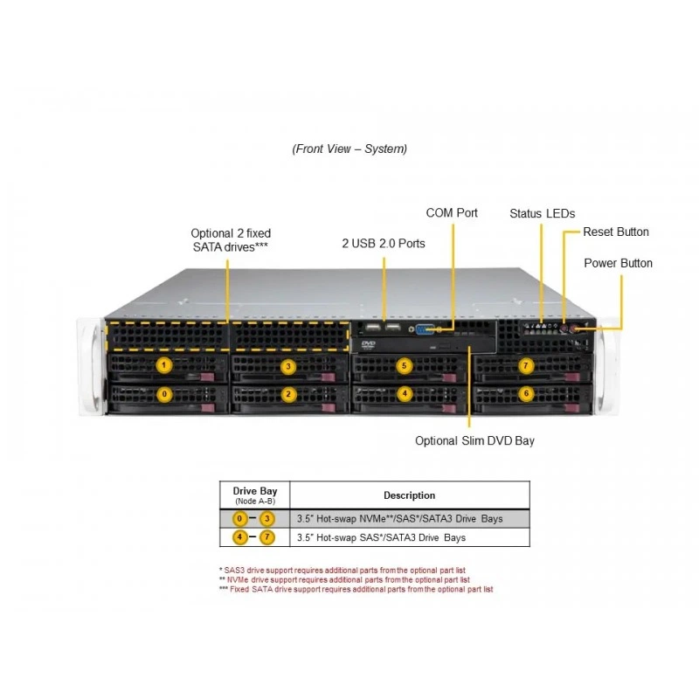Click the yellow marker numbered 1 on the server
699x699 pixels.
(x=164, y=365)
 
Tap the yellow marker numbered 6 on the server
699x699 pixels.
(x=526, y=393)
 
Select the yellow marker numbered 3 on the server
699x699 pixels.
(x=288, y=366)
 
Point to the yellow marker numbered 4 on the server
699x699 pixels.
(x=405, y=393)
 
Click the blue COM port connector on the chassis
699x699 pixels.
(x=425, y=329)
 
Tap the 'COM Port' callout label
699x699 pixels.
(x=452, y=213)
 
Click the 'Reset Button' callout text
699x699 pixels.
(x=616, y=232)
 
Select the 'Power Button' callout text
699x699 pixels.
(x=618, y=263)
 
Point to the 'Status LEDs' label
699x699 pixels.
(x=542, y=213)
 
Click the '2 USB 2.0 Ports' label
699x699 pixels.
(x=384, y=244)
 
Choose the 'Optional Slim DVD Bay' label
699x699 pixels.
(x=474, y=441)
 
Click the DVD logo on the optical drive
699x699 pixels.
(x=368, y=344)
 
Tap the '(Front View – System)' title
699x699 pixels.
(x=349, y=149)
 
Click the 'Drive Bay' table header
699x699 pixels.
(x=255, y=491)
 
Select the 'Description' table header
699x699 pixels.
(x=409, y=495)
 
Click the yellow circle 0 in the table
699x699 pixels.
(x=239, y=518)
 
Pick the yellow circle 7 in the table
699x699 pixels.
(x=267, y=537)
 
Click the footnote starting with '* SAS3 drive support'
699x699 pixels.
(x=343, y=571)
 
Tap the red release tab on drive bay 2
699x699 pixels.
(x=329, y=407)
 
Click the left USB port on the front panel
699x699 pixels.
(x=373, y=328)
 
